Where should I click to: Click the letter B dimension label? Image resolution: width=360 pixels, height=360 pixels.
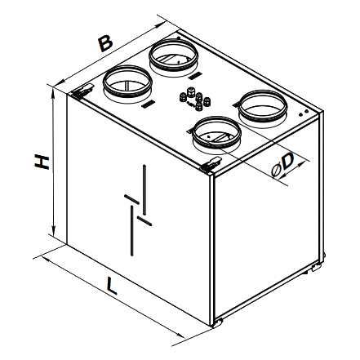point(105,43)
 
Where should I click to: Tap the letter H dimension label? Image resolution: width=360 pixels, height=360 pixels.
point(42,162)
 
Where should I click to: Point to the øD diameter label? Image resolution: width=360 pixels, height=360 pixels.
point(283,166)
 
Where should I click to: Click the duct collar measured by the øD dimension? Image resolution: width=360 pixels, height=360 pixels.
point(216,132)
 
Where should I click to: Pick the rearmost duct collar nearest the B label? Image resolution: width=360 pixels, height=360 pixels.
point(173,55)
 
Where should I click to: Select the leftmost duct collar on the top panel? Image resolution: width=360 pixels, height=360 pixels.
point(127,81)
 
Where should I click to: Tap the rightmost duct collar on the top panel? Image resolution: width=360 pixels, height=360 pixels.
point(263,106)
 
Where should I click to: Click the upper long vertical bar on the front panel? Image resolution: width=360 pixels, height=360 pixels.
point(144,190)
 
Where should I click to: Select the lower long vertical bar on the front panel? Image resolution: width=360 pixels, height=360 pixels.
point(132,231)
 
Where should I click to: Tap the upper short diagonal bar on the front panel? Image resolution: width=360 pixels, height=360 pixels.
point(132,199)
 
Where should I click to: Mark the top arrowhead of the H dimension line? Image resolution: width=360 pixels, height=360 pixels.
point(53,92)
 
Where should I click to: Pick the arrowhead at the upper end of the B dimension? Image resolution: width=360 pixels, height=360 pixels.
point(159,26)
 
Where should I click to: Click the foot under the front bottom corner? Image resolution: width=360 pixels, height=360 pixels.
point(217,322)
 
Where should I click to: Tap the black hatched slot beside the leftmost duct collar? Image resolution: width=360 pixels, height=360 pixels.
point(149,104)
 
